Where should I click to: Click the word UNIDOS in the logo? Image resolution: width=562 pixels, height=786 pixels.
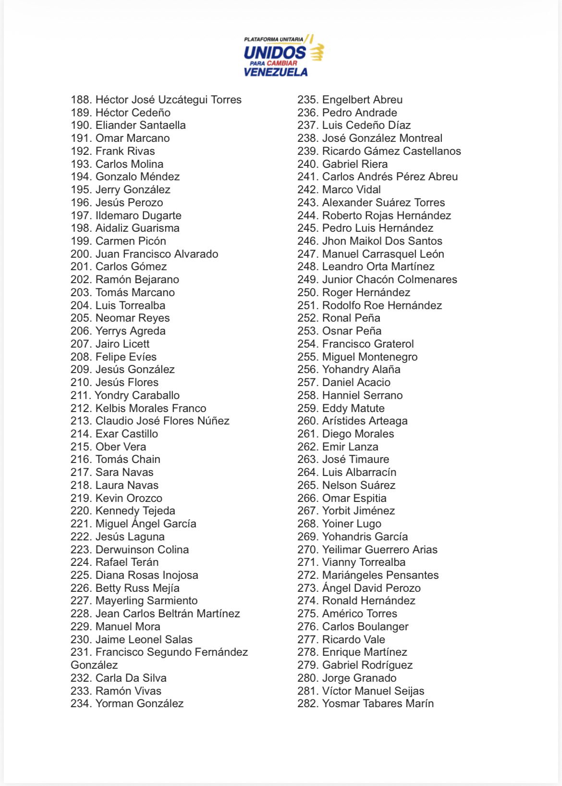(x=275, y=52)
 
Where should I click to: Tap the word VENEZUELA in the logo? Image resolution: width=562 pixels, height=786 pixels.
(x=275, y=72)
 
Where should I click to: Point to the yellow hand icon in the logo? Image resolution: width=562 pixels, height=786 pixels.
(x=317, y=52)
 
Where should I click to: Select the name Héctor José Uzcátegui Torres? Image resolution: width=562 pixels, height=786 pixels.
(x=169, y=100)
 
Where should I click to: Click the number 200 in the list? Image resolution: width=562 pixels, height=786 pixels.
(x=81, y=254)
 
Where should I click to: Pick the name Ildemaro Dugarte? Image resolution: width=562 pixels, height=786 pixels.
(x=138, y=215)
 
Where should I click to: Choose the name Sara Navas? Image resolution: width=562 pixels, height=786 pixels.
(x=124, y=472)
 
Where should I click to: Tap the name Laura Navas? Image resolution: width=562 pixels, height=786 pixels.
(x=127, y=485)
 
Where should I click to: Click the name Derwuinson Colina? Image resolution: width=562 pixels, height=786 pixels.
(x=142, y=549)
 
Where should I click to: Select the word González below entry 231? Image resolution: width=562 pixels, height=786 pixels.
(x=94, y=665)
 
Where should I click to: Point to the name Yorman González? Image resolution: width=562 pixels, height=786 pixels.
(x=139, y=703)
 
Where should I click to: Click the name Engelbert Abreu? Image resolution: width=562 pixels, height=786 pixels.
(x=362, y=100)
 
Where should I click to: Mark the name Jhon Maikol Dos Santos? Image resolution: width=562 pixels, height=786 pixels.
(x=382, y=241)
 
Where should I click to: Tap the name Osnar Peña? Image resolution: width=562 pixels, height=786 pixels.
(x=352, y=331)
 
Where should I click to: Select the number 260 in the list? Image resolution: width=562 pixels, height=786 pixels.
(x=307, y=421)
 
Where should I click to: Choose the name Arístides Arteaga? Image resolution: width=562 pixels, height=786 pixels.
(x=365, y=421)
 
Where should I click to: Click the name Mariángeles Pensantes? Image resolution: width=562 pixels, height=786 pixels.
(x=380, y=575)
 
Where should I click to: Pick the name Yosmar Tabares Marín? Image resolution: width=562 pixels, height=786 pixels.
(x=378, y=703)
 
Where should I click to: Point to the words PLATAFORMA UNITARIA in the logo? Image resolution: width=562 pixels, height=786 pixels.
(x=274, y=39)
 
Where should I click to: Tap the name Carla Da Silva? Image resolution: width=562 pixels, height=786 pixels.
(x=131, y=678)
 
